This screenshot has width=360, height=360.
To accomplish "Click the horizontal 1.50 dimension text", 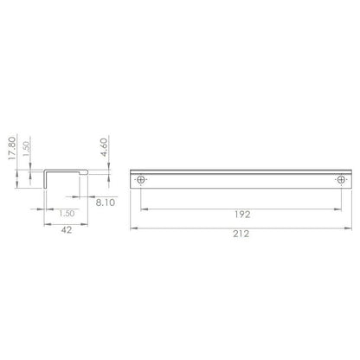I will tap(67, 210).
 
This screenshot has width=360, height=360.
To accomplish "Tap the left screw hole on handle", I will tap(142, 180).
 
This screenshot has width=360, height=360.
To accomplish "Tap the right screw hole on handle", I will tap(340, 180).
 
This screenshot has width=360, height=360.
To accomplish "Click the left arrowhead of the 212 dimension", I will tap(133, 229).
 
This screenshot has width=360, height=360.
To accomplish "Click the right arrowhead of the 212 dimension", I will tap(350, 229).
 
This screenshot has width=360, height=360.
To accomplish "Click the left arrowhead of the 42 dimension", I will tap(46, 222).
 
